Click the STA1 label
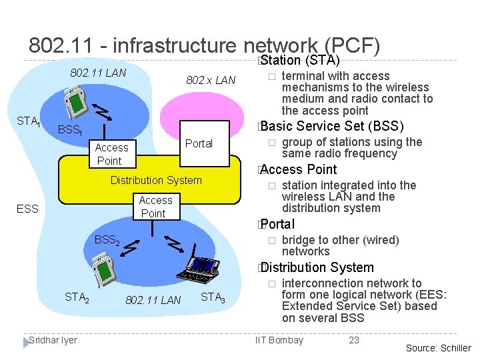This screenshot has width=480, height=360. click(29, 122)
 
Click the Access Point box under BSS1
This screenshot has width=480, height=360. click(111, 154)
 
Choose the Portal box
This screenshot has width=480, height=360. click(199, 143)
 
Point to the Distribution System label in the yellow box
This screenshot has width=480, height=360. click(155, 180)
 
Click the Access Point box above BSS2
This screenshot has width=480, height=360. click(155, 207)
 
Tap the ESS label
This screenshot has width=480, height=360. click(28, 209)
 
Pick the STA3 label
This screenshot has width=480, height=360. click(213, 298)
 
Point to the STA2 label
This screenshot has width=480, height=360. click(77, 298)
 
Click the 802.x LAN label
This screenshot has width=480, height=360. click(211, 81)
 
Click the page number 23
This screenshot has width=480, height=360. click(354, 340)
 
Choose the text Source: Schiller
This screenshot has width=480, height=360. click(438, 347)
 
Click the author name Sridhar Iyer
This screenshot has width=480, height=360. click(53, 340)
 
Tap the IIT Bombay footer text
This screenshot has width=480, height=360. click(279, 340)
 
